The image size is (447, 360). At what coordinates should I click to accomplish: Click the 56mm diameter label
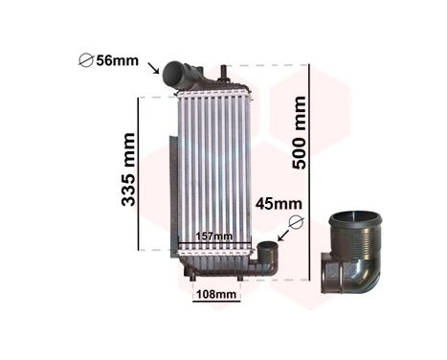[118, 61]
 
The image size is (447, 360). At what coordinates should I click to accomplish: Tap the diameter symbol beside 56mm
[84, 62]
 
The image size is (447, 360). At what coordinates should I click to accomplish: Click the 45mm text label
[279, 203]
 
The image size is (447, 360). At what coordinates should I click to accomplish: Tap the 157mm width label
[213, 236]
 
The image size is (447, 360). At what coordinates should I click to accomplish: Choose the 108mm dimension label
[215, 295]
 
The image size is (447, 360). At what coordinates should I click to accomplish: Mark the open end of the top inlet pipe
[172, 72]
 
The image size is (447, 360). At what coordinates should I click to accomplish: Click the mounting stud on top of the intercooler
[223, 72]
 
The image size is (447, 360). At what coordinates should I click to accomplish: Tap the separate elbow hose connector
[353, 258]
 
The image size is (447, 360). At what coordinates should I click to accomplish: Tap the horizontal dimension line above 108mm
[215, 282]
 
